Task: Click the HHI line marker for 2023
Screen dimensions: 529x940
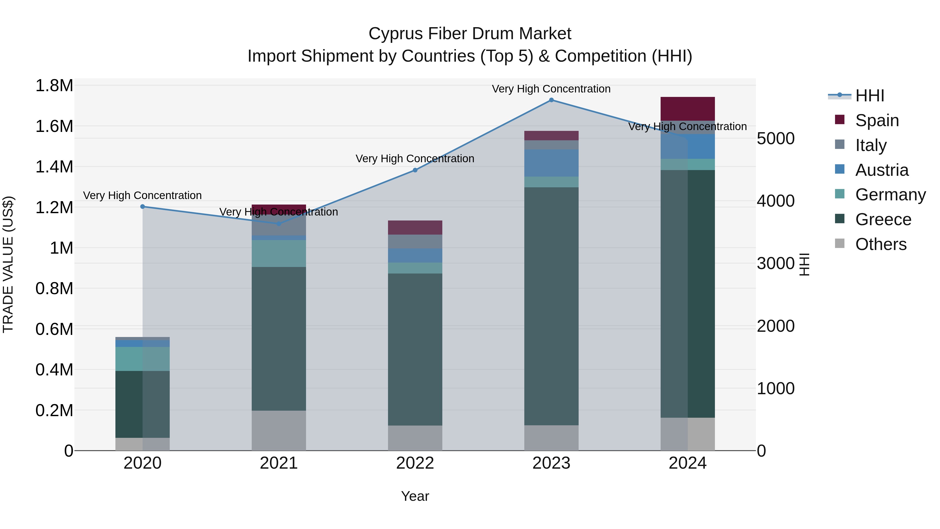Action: pos(551,100)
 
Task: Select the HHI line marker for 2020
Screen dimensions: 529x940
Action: pos(143,207)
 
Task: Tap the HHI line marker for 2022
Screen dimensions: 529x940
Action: pos(415,170)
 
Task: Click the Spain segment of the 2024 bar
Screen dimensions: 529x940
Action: pos(688,108)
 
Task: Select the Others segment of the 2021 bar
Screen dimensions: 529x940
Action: pos(279,431)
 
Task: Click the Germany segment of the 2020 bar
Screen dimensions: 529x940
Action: pos(143,359)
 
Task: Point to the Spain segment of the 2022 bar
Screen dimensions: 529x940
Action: pos(415,228)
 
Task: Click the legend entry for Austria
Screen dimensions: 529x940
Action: pos(882,170)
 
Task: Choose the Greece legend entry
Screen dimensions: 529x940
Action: pos(883,219)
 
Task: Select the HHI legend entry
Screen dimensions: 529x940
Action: pos(869,96)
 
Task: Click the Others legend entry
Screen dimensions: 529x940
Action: pos(880,244)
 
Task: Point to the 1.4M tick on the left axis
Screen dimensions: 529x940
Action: pos(54,167)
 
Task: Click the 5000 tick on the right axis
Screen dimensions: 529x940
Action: pos(775,139)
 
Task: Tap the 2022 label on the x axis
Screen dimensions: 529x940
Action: pos(415,463)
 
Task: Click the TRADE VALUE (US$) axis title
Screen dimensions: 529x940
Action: pos(8,264)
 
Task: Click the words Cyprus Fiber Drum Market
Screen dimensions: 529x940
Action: pos(470,34)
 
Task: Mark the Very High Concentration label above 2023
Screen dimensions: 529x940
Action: pos(551,89)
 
